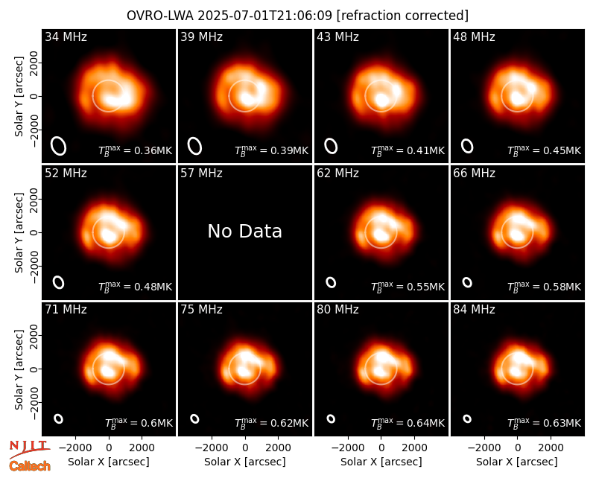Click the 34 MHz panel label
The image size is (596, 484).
[66, 36]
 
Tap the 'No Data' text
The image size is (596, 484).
[245, 231]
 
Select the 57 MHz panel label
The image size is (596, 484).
[201, 173]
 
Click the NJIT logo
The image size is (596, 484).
[30, 448]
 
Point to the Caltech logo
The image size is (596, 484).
[30, 466]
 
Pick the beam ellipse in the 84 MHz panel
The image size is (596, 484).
[467, 418]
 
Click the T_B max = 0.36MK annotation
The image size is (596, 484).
[136, 150]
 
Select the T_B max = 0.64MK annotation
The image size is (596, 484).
[408, 423]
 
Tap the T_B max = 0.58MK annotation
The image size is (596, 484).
[545, 287]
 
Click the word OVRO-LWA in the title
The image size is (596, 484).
[160, 16]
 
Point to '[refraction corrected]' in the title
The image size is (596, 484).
[402, 16]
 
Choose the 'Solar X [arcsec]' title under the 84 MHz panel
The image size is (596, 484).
[517, 462]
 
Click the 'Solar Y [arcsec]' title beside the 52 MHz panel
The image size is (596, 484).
[19, 232]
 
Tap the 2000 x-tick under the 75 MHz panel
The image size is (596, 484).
[278, 448]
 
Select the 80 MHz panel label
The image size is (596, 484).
[337, 310]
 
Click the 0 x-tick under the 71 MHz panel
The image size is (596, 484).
[109, 448]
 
